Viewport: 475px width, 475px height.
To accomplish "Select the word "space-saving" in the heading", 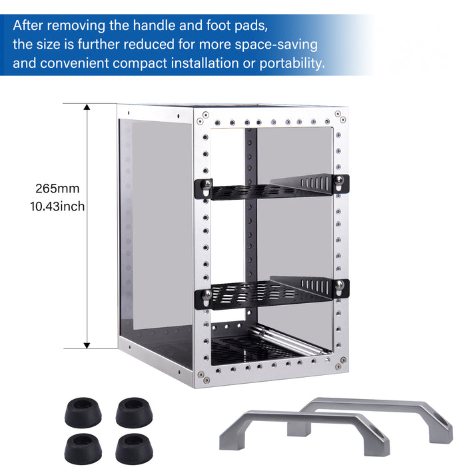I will [x=281, y=45].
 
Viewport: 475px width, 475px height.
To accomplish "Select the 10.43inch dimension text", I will [x=57, y=207].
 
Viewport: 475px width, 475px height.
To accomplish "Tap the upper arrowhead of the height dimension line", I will [x=87, y=108].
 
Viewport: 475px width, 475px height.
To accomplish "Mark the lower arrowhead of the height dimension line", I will [x=87, y=344].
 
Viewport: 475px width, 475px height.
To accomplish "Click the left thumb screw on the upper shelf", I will [x=208, y=185].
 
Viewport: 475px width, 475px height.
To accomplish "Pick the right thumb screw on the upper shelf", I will [x=340, y=182].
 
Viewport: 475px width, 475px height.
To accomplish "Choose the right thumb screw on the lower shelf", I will [x=340, y=287].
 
